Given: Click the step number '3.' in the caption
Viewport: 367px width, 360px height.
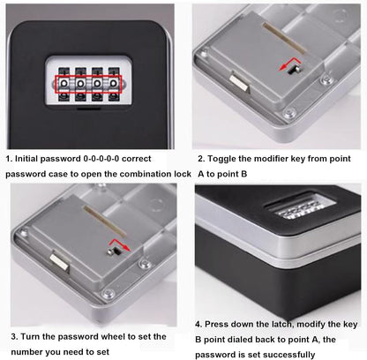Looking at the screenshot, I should pyautogui.click(x=13, y=336).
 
